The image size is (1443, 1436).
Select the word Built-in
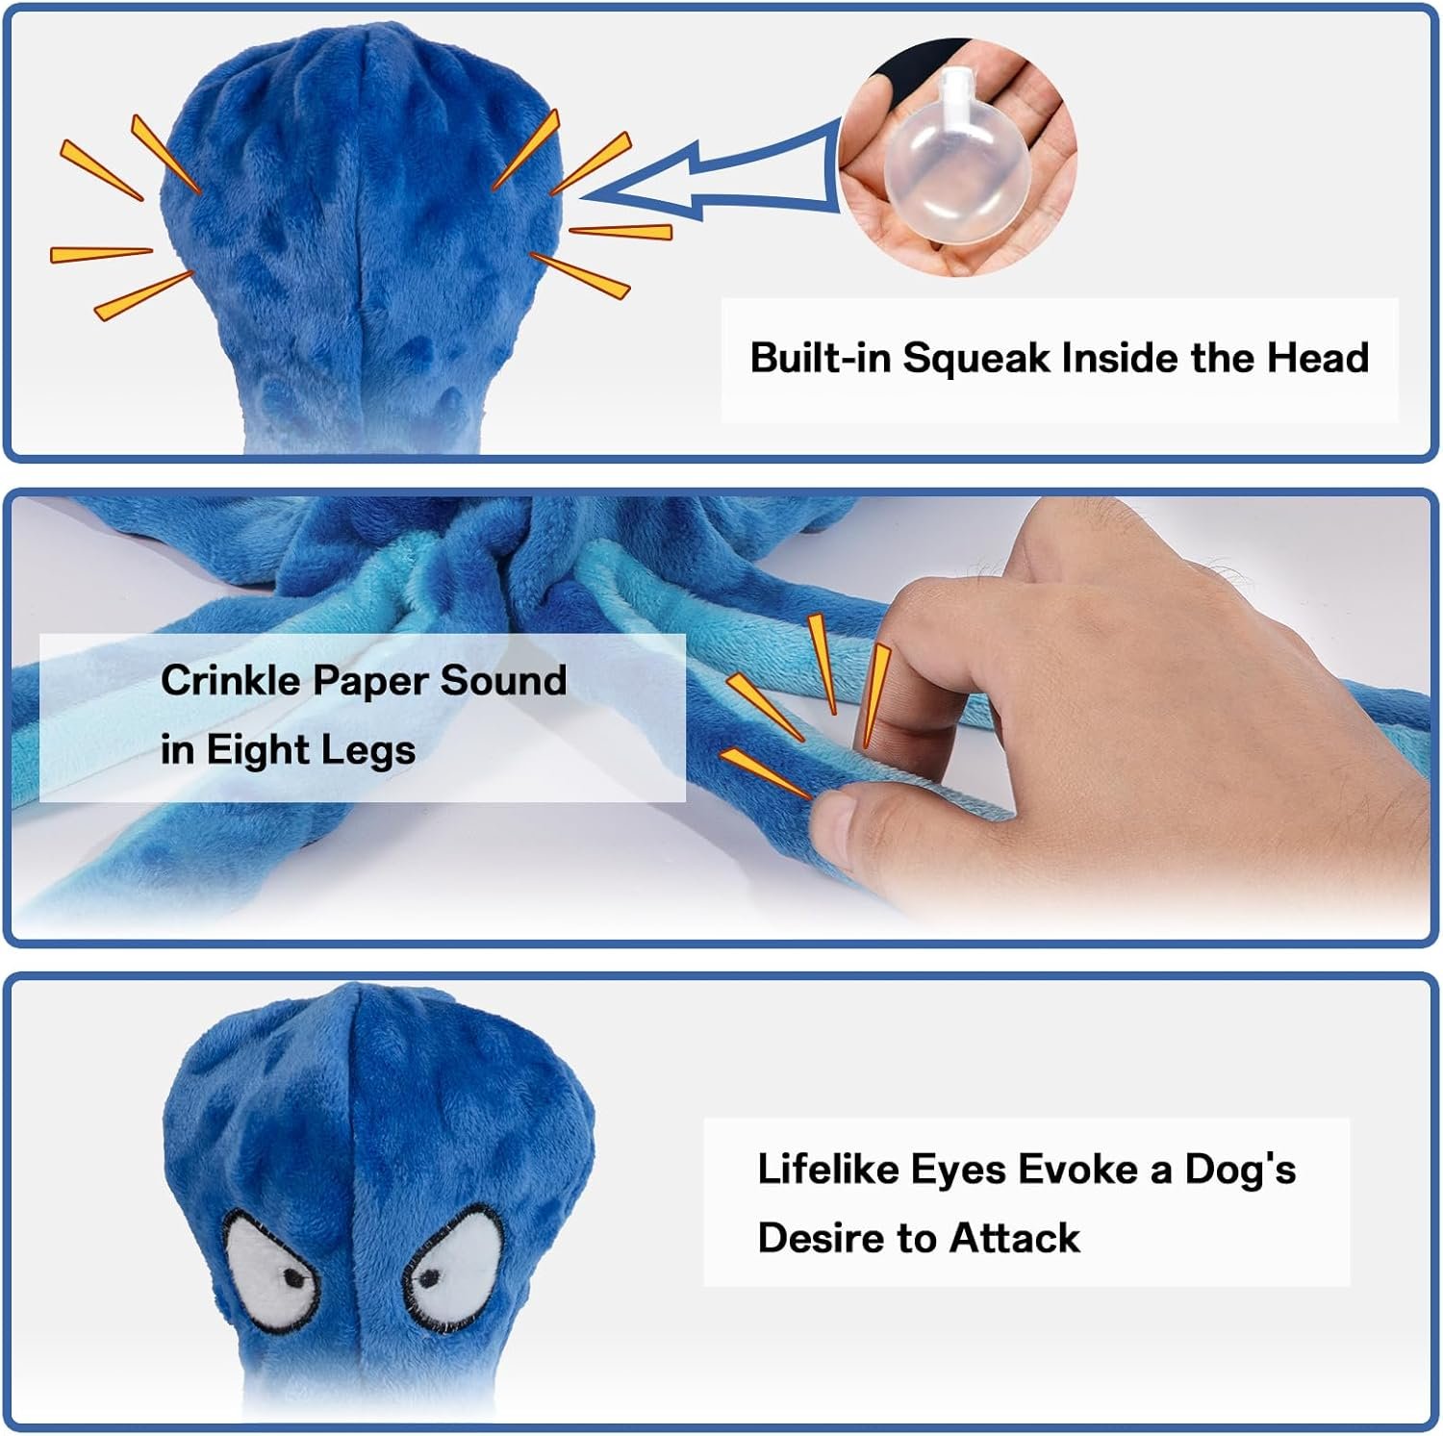point(821,358)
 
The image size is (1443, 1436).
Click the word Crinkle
point(231,680)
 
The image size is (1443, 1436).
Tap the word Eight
point(253,751)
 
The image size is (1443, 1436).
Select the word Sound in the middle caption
point(503,680)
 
